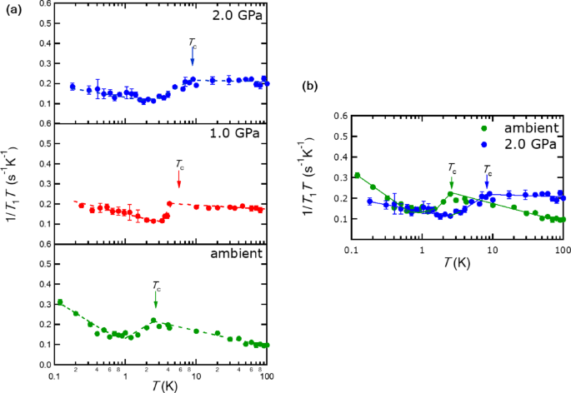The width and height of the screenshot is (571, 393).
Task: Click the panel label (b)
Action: (311, 85)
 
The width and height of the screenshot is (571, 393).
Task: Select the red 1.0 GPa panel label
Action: (236, 133)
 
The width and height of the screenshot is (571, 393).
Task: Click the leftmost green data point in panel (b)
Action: (357, 176)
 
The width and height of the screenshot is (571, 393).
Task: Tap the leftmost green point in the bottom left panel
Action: (59, 302)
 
